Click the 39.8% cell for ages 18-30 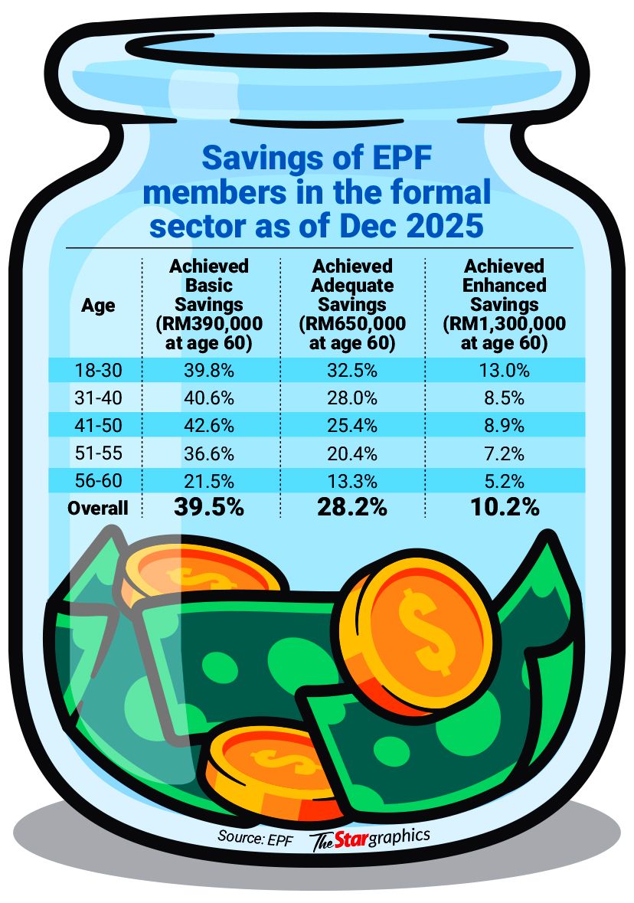(209, 371)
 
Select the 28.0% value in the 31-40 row (354, 398)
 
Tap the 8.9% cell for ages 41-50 (504, 426)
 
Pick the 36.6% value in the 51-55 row (209, 453)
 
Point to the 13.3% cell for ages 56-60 (354, 481)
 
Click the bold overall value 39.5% (209, 507)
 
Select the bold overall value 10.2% (504, 507)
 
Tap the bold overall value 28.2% (354, 507)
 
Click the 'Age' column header (98, 306)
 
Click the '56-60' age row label (98, 481)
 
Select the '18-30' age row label (98, 371)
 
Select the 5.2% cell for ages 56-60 (504, 481)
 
